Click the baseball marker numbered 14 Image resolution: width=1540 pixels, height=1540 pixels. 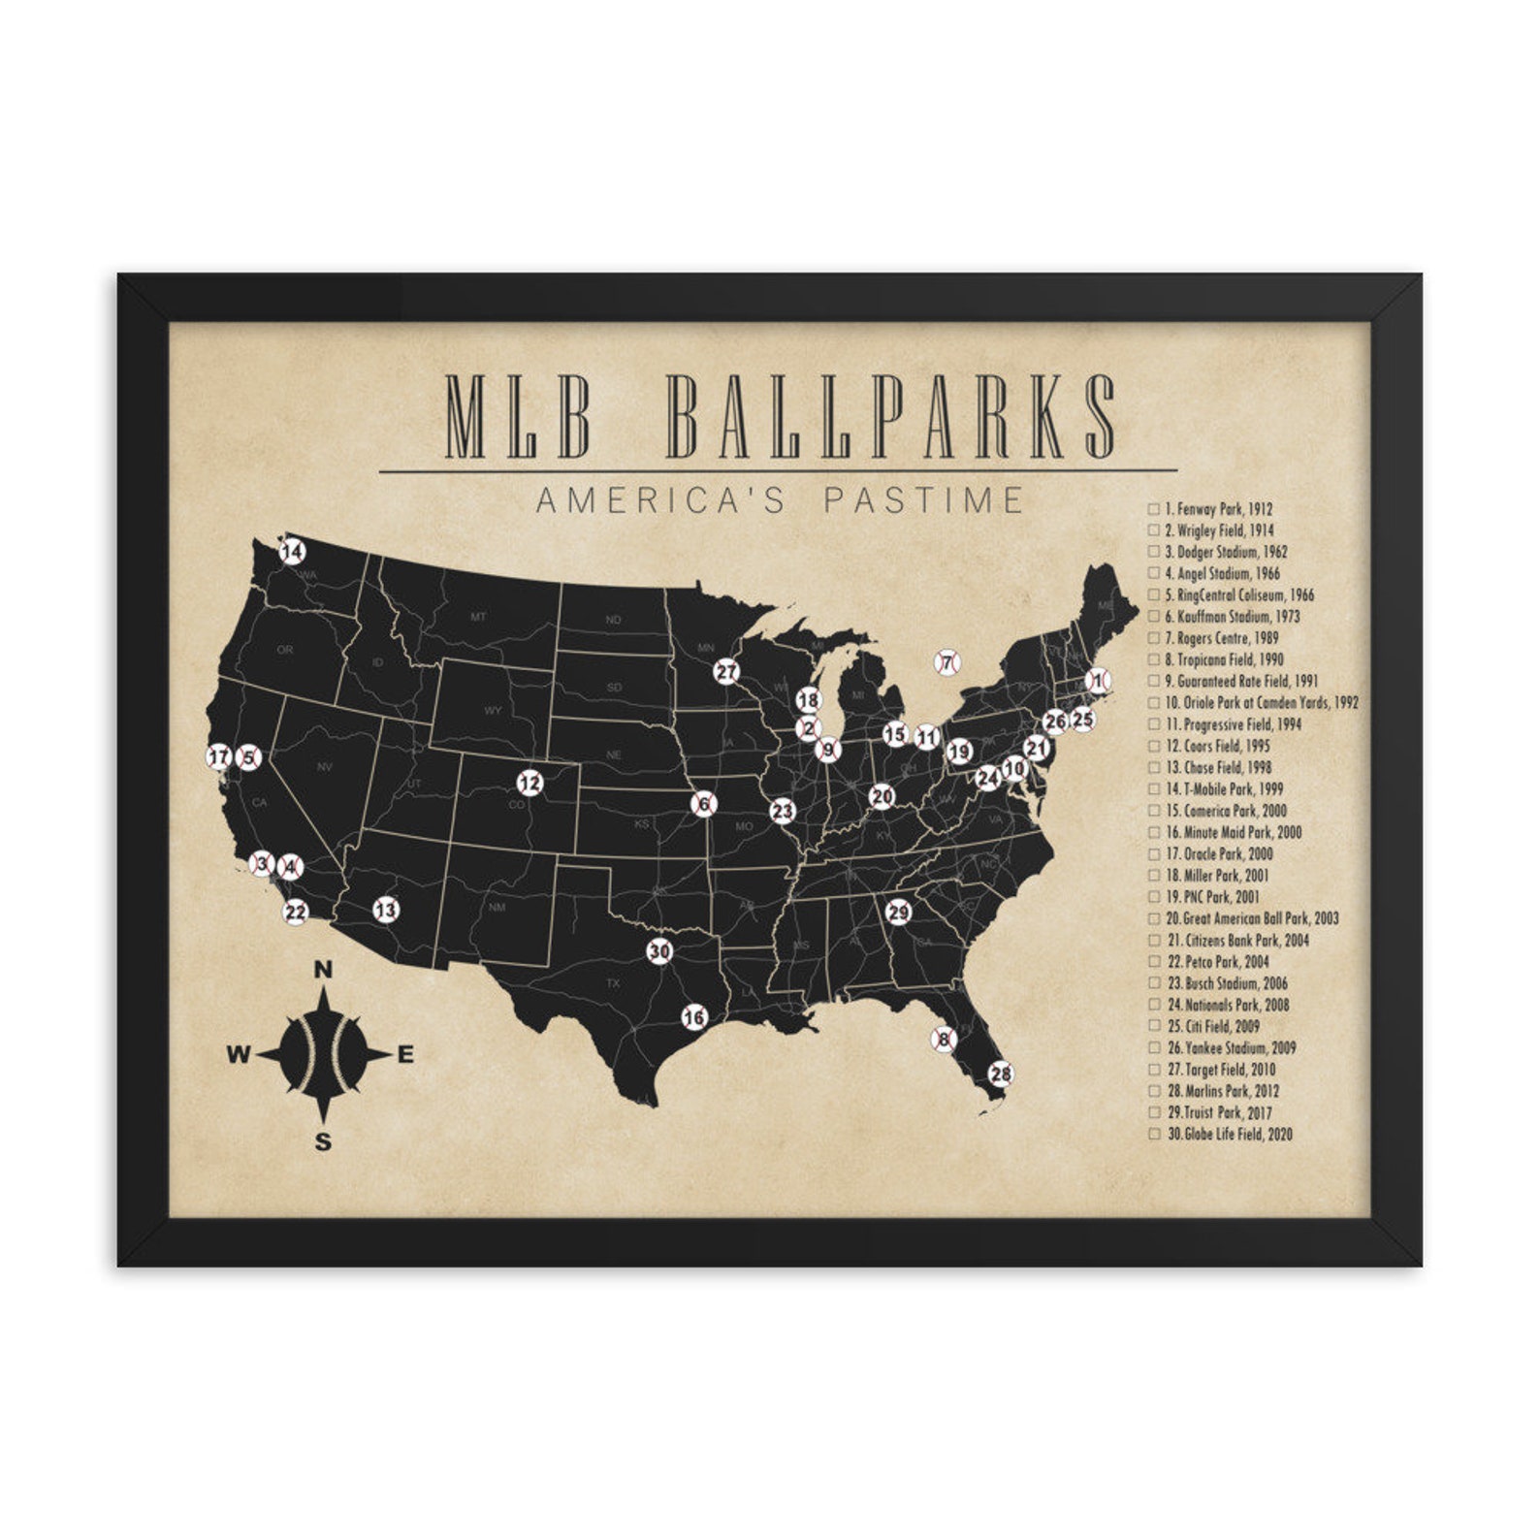click(292, 553)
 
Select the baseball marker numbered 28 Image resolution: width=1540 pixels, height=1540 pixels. click(1001, 1074)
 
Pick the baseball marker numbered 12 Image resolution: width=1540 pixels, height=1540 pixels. click(529, 782)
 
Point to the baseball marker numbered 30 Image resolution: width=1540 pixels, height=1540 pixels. click(659, 951)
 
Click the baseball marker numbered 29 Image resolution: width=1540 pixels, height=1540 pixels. click(899, 913)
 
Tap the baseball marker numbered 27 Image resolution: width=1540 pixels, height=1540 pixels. click(726, 671)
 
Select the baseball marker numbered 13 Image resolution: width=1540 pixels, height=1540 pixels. click(386, 910)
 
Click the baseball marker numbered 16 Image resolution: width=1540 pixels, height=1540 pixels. click(694, 1017)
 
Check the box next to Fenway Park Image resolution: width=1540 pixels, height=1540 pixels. click(1154, 508)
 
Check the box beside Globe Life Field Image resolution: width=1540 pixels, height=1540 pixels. click(1154, 1134)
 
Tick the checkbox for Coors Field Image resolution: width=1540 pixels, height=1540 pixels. click(1154, 746)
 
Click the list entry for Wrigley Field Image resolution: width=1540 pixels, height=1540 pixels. click(1219, 530)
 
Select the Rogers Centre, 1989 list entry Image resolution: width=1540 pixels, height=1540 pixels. click(1221, 638)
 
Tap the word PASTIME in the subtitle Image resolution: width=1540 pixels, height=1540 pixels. click(922, 500)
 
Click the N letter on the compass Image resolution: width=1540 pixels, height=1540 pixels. click(324, 970)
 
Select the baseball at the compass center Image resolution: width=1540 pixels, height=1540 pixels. click(324, 1054)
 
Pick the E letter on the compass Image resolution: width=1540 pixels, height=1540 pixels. click(405, 1055)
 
